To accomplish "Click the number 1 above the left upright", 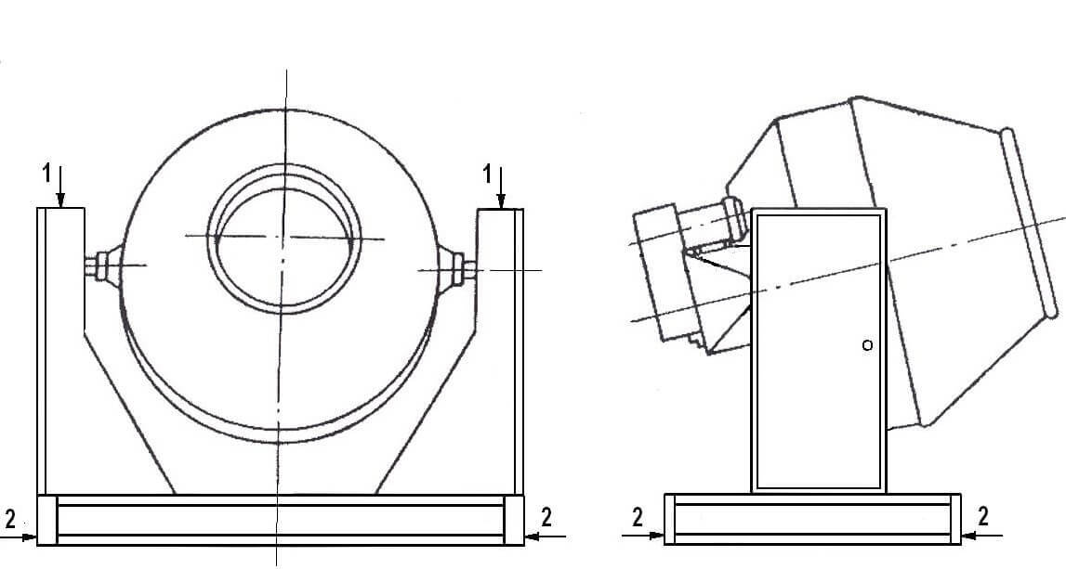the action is (x=46, y=174).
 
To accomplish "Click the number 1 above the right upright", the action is (x=487, y=175).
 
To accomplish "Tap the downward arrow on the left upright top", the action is (x=60, y=186).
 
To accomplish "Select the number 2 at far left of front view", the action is (x=10, y=520).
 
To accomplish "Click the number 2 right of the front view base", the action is (x=546, y=517).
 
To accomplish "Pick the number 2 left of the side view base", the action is (x=637, y=517).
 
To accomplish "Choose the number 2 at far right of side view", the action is (x=983, y=517).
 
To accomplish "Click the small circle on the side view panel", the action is (x=867, y=345).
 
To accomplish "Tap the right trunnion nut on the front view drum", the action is (x=458, y=267).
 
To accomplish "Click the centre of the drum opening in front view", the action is (x=285, y=238).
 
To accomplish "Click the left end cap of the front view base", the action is (x=46, y=520).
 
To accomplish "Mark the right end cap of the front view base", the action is (x=514, y=520).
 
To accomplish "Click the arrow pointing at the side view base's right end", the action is (x=981, y=536).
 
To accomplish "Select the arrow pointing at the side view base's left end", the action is (x=642, y=536).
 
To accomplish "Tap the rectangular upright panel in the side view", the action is (x=819, y=351).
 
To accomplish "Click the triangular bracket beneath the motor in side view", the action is (x=720, y=299).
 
